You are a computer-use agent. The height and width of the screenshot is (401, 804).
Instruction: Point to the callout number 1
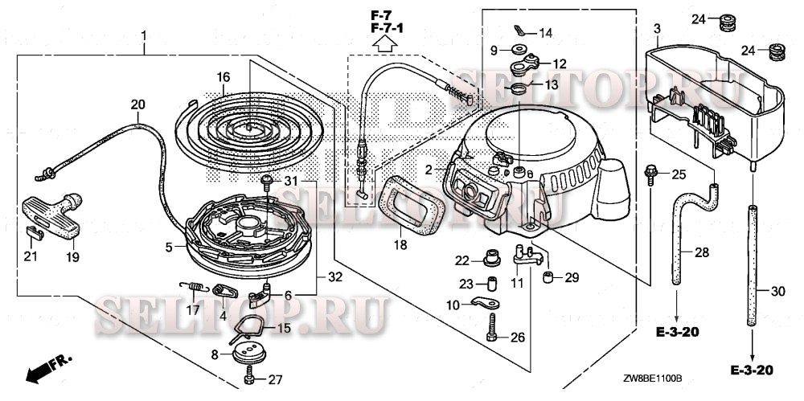pos(144,36)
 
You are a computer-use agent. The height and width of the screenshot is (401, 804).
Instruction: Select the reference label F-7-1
pos(388,29)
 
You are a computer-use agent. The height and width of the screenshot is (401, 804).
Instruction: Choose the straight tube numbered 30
pos(753,265)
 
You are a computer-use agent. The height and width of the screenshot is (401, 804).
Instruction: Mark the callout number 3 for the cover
pos(657,30)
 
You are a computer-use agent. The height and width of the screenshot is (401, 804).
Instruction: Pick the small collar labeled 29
pos(548,278)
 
